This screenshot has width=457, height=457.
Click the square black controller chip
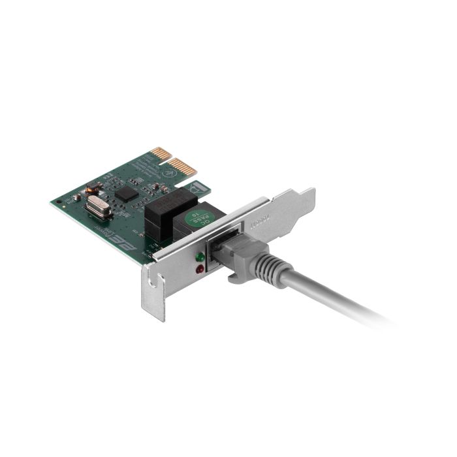pyautogui.click(x=126, y=192)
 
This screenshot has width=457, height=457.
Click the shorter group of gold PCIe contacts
pyautogui.click(x=157, y=155)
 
